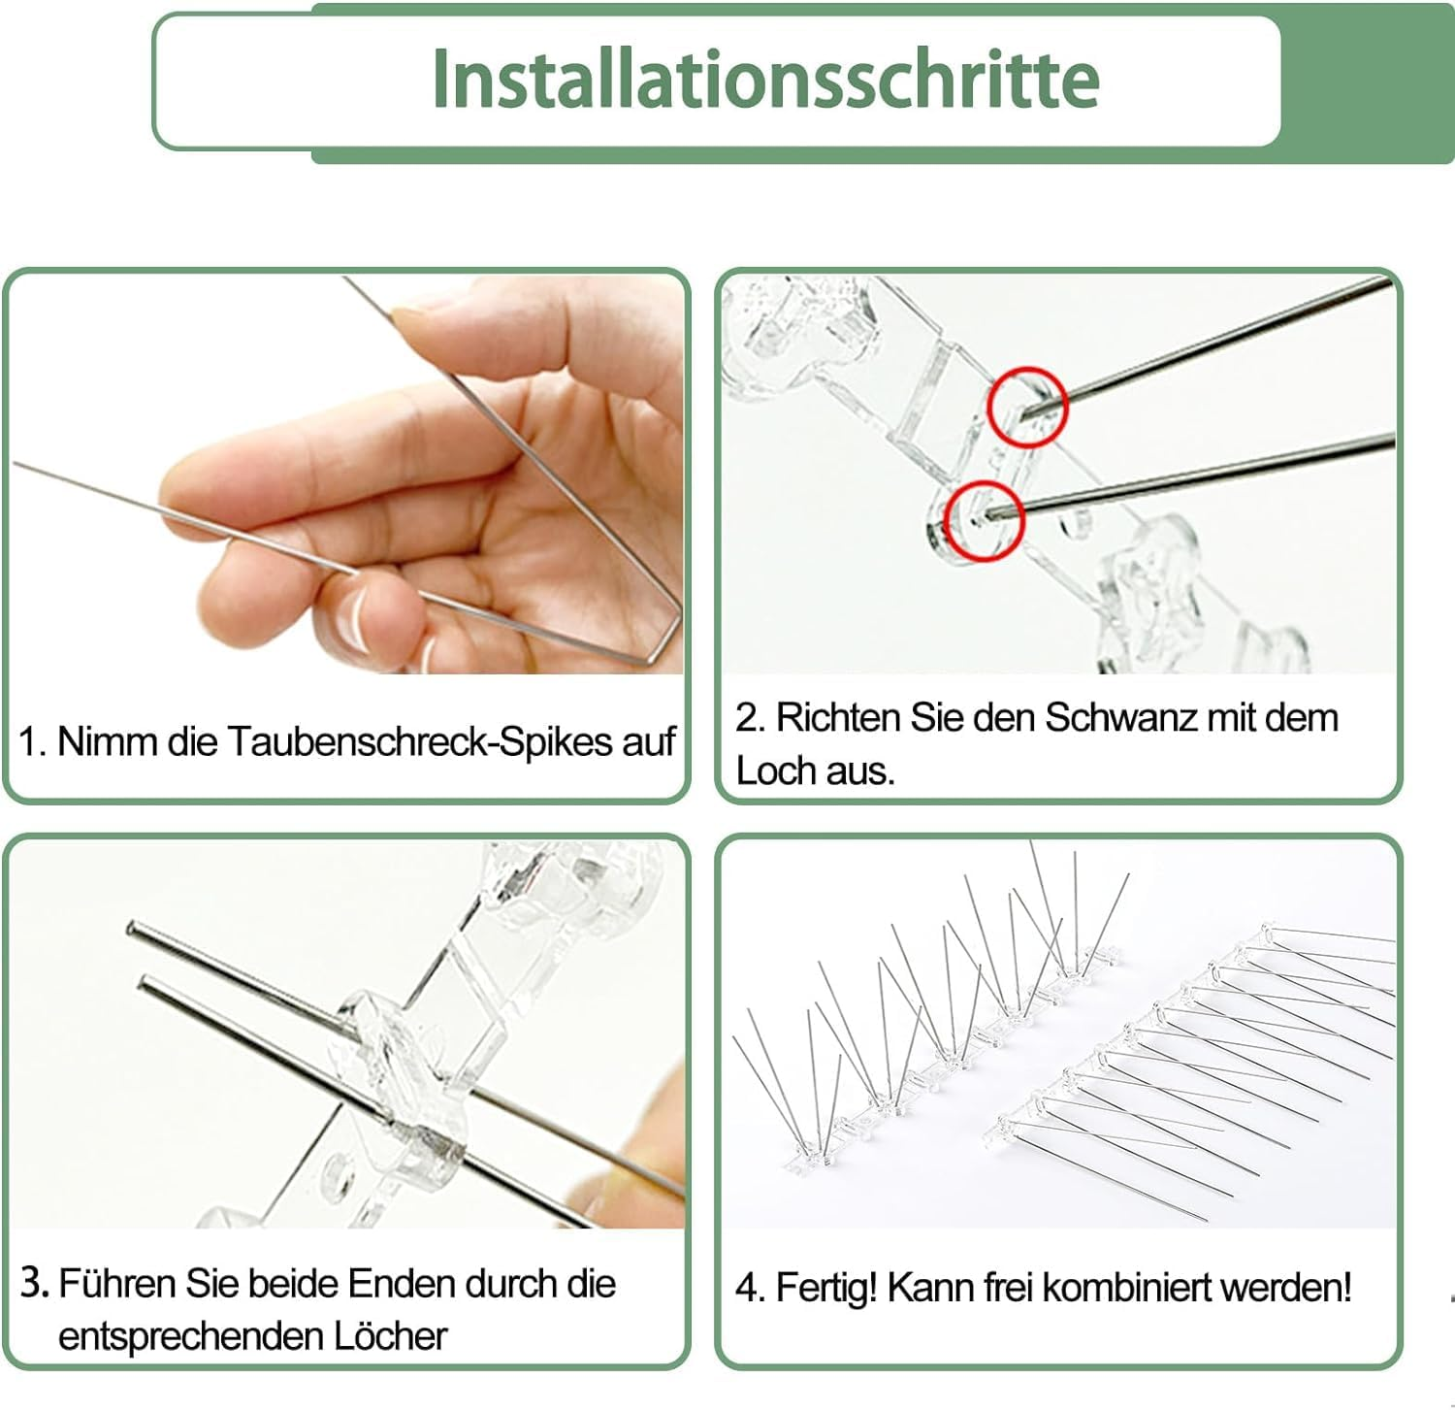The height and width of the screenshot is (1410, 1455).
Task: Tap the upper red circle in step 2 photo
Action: pos(1027,407)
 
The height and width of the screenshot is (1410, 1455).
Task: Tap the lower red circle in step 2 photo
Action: pos(985,520)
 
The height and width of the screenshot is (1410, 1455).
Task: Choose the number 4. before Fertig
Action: pos(751,1289)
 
